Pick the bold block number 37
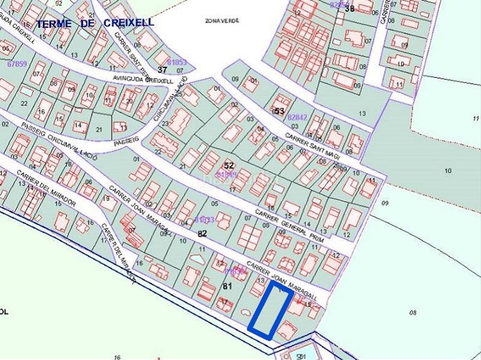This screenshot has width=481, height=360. point(162,70)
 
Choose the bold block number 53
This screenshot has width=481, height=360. point(279,111)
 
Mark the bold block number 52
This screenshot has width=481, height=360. point(228,165)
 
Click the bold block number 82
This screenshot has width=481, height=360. point(202,233)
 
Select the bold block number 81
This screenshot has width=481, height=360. point(227,286)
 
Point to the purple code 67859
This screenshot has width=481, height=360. point(17,64)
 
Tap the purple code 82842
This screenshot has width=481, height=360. point(298,118)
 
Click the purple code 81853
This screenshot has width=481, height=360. point(177,63)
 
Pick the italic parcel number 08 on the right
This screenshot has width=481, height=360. point(412,312)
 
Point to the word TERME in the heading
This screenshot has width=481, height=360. point(54,24)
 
